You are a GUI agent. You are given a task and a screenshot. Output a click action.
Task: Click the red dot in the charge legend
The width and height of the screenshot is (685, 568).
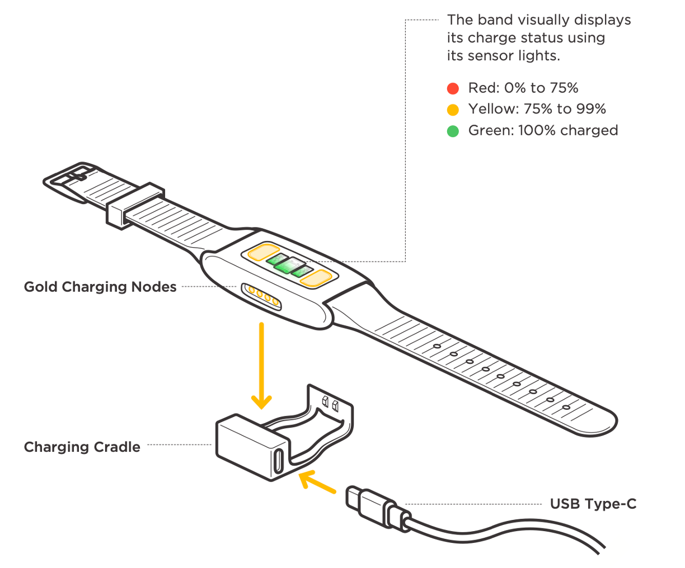tap(453, 88)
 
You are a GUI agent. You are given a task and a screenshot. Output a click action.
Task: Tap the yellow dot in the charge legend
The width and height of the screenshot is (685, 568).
tap(453, 110)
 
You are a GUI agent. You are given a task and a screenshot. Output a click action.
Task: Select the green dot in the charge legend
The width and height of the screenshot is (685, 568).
tap(453, 131)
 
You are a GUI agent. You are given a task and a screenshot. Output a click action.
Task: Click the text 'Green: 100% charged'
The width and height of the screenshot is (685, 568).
tap(543, 130)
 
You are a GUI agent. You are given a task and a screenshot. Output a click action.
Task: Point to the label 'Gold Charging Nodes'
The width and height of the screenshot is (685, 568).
tap(100, 287)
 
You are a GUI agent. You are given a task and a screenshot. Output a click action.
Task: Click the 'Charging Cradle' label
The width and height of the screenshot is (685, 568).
tap(82, 447)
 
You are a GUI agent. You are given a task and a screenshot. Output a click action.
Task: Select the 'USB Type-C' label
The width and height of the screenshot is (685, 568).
tap(593, 504)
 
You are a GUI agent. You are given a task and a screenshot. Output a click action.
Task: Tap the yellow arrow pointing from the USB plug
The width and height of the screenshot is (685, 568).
tap(317, 482)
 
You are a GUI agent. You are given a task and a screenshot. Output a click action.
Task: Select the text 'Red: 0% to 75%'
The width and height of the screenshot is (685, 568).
tap(523, 88)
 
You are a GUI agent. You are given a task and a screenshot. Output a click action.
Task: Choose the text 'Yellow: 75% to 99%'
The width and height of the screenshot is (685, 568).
tap(537, 109)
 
